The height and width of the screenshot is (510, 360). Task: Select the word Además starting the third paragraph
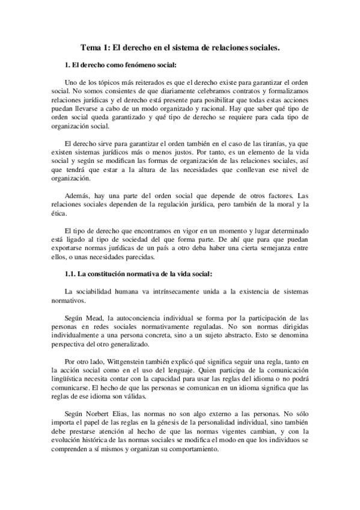[76, 196]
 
